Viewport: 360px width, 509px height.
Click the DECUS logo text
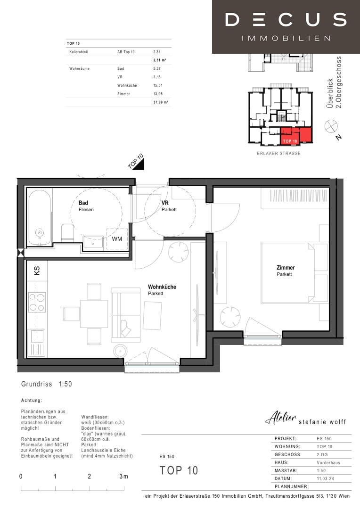click(286, 20)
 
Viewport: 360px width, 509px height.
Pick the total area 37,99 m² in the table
click(161, 102)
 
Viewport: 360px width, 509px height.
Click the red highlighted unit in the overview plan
click(296, 136)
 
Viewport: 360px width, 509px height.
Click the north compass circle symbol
click(331, 126)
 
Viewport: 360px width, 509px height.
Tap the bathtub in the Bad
click(40, 217)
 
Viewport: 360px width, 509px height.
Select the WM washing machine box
click(117, 239)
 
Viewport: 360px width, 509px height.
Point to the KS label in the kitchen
click(37, 271)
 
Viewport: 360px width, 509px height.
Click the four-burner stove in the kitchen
click(37, 302)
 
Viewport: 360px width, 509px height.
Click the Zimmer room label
click(286, 268)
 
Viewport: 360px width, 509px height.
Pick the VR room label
click(165, 203)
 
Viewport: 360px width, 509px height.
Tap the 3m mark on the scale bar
click(123, 476)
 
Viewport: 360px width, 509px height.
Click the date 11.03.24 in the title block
click(325, 478)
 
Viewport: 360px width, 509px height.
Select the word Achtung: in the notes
click(32, 400)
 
